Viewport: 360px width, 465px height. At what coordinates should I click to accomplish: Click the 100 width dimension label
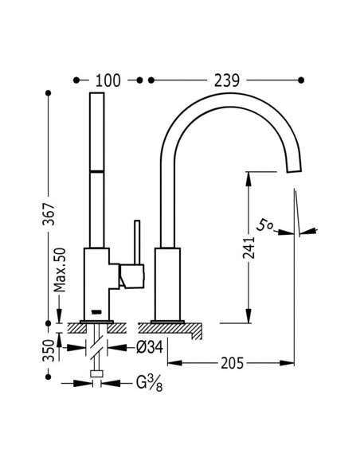pyautogui.click(x=108, y=80)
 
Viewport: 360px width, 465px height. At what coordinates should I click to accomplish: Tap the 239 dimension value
pyautogui.click(x=227, y=80)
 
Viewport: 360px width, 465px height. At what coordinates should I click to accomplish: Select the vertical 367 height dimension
pyautogui.click(x=49, y=214)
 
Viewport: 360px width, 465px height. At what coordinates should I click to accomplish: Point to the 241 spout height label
pyautogui.click(x=248, y=248)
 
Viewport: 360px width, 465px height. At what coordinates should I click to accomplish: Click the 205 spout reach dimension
pyautogui.click(x=233, y=363)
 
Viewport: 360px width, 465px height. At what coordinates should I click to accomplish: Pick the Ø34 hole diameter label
pyautogui.click(x=150, y=347)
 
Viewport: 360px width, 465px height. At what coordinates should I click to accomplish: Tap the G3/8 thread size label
pyautogui.click(x=150, y=383)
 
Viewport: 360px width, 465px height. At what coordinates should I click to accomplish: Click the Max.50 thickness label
pyautogui.click(x=60, y=270)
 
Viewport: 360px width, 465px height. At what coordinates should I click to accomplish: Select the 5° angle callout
pyautogui.click(x=264, y=225)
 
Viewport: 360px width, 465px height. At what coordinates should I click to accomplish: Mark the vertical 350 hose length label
pyautogui.click(x=49, y=351)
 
